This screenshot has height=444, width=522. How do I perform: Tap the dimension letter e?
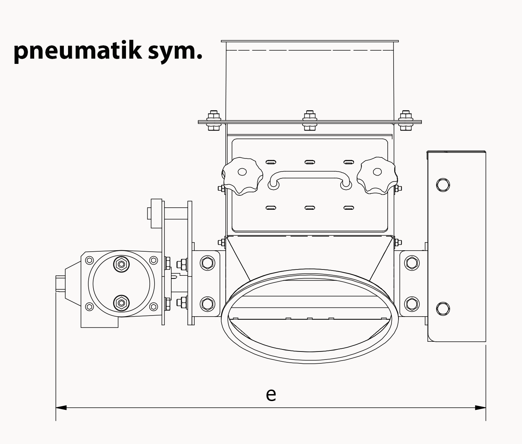pyautogui.click(x=271, y=394)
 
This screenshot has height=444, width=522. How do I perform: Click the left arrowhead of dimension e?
pyautogui.click(x=61, y=407)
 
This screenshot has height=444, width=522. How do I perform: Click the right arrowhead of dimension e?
pyautogui.click(x=480, y=407)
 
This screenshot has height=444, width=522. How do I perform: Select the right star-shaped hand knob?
pyautogui.click(x=377, y=176)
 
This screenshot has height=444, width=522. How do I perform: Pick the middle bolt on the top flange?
pyautogui.click(x=310, y=120)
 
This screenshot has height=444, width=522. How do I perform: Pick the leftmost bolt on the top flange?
pyautogui.click(x=213, y=120)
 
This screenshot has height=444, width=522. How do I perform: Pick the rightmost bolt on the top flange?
pyautogui.click(x=405, y=120)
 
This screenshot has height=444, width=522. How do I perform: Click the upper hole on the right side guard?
pyautogui.click(x=443, y=185)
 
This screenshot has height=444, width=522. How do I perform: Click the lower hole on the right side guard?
pyautogui.click(x=443, y=309)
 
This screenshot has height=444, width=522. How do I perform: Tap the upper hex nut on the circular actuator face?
pyautogui.click(x=121, y=264)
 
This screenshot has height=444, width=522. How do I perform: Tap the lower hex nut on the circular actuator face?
pyautogui.click(x=121, y=302)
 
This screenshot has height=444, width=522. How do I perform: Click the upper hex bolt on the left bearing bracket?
pyautogui.click(x=207, y=262)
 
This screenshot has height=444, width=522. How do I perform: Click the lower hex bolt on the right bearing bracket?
pyautogui.click(x=412, y=303)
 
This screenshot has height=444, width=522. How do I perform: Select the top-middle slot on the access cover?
pyautogui.click(x=310, y=162)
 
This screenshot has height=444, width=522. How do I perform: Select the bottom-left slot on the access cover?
pyautogui.click(x=271, y=208)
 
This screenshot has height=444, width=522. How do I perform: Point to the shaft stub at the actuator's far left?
pyautogui.click(x=60, y=283)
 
